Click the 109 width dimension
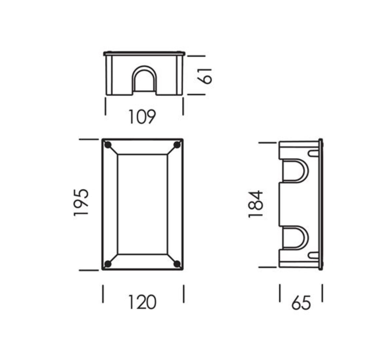click(142, 117)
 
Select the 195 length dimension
click(81, 202)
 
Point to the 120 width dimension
click(142, 302)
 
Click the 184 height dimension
click(256, 204)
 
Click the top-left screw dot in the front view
click(108, 145)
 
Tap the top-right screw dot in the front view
click(177, 145)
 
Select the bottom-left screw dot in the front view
click(108, 264)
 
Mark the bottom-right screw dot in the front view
click(177, 264)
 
